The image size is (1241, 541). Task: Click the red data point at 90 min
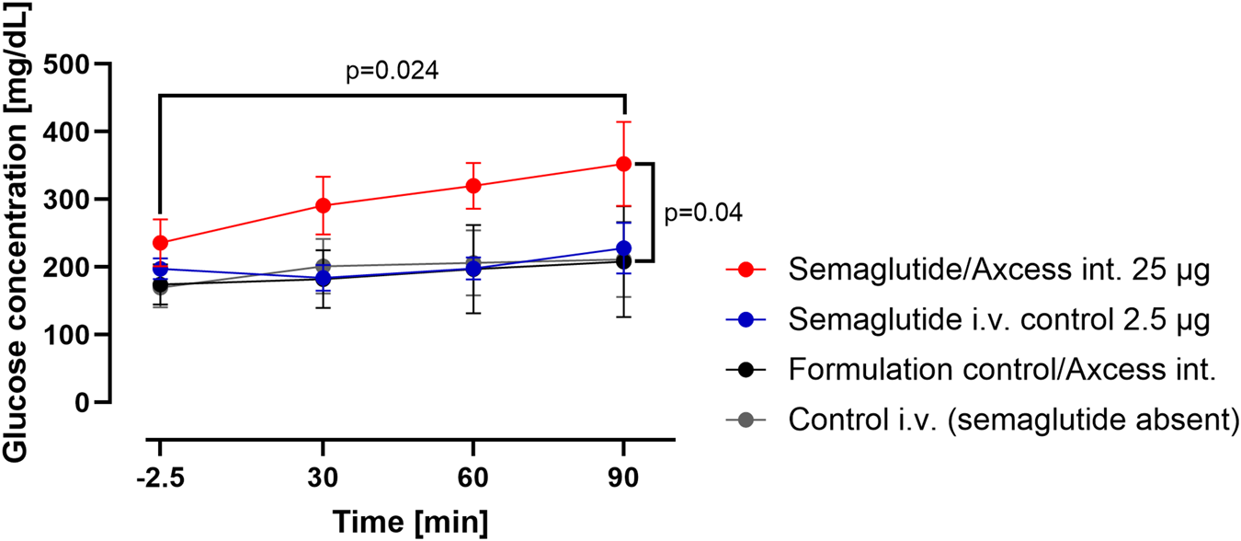point(624,164)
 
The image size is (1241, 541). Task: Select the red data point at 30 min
point(323,205)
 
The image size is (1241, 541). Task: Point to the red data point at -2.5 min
point(161,243)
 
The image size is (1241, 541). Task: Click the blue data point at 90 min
point(624,248)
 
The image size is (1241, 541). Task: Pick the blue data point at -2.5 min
point(161,269)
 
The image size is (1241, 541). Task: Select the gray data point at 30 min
point(323,267)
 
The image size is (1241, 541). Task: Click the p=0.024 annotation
point(393,71)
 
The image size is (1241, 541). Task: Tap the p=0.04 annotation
point(704,213)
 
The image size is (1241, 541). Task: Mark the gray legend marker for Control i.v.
point(746,420)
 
